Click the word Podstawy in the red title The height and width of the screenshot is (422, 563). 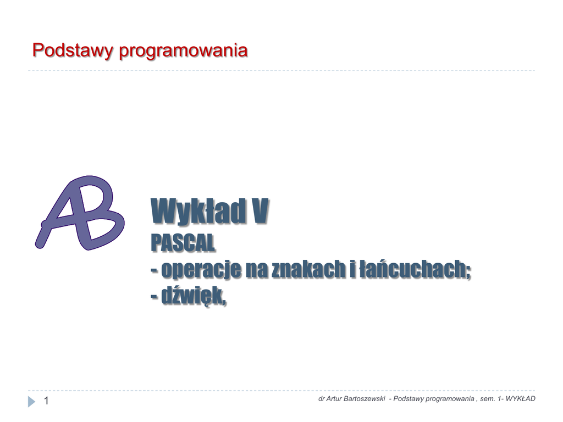[x=73, y=50]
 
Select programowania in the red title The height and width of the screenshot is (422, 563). [x=183, y=51]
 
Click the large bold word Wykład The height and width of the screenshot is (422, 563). [x=198, y=212]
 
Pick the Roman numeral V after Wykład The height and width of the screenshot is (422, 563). [x=260, y=212]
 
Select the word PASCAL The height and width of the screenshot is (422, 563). [x=183, y=243]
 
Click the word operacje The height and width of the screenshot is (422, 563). [x=201, y=270]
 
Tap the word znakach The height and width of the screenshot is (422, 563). [x=309, y=269]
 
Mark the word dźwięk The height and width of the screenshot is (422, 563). [x=194, y=296]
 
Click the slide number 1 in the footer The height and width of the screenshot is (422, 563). [x=46, y=401]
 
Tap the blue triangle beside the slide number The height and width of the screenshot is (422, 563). [x=31, y=402]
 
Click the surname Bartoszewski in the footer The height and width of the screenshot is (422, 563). [x=365, y=399]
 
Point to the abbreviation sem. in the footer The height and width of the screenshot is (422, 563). [x=488, y=399]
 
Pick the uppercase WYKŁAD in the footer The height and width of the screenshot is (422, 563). [x=520, y=399]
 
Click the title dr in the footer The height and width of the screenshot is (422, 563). [x=321, y=399]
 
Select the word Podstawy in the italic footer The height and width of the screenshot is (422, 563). [x=407, y=399]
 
